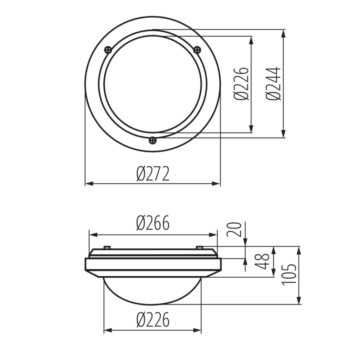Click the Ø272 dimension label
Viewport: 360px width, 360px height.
click(x=153, y=174)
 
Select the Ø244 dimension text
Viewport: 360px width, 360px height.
click(x=274, y=84)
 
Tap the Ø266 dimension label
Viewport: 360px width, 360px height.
click(x=153, y=223)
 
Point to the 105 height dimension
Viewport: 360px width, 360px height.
click(x=289, y=275)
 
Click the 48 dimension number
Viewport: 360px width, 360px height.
click(x=262, y=261)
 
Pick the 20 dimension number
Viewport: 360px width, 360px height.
click(x=234, y=230)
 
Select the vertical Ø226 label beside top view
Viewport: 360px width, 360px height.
click(x=241, y=84)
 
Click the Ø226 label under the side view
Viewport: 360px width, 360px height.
click(x=153, y=320)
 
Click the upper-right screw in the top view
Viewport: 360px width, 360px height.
click(x=197, y=49)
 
